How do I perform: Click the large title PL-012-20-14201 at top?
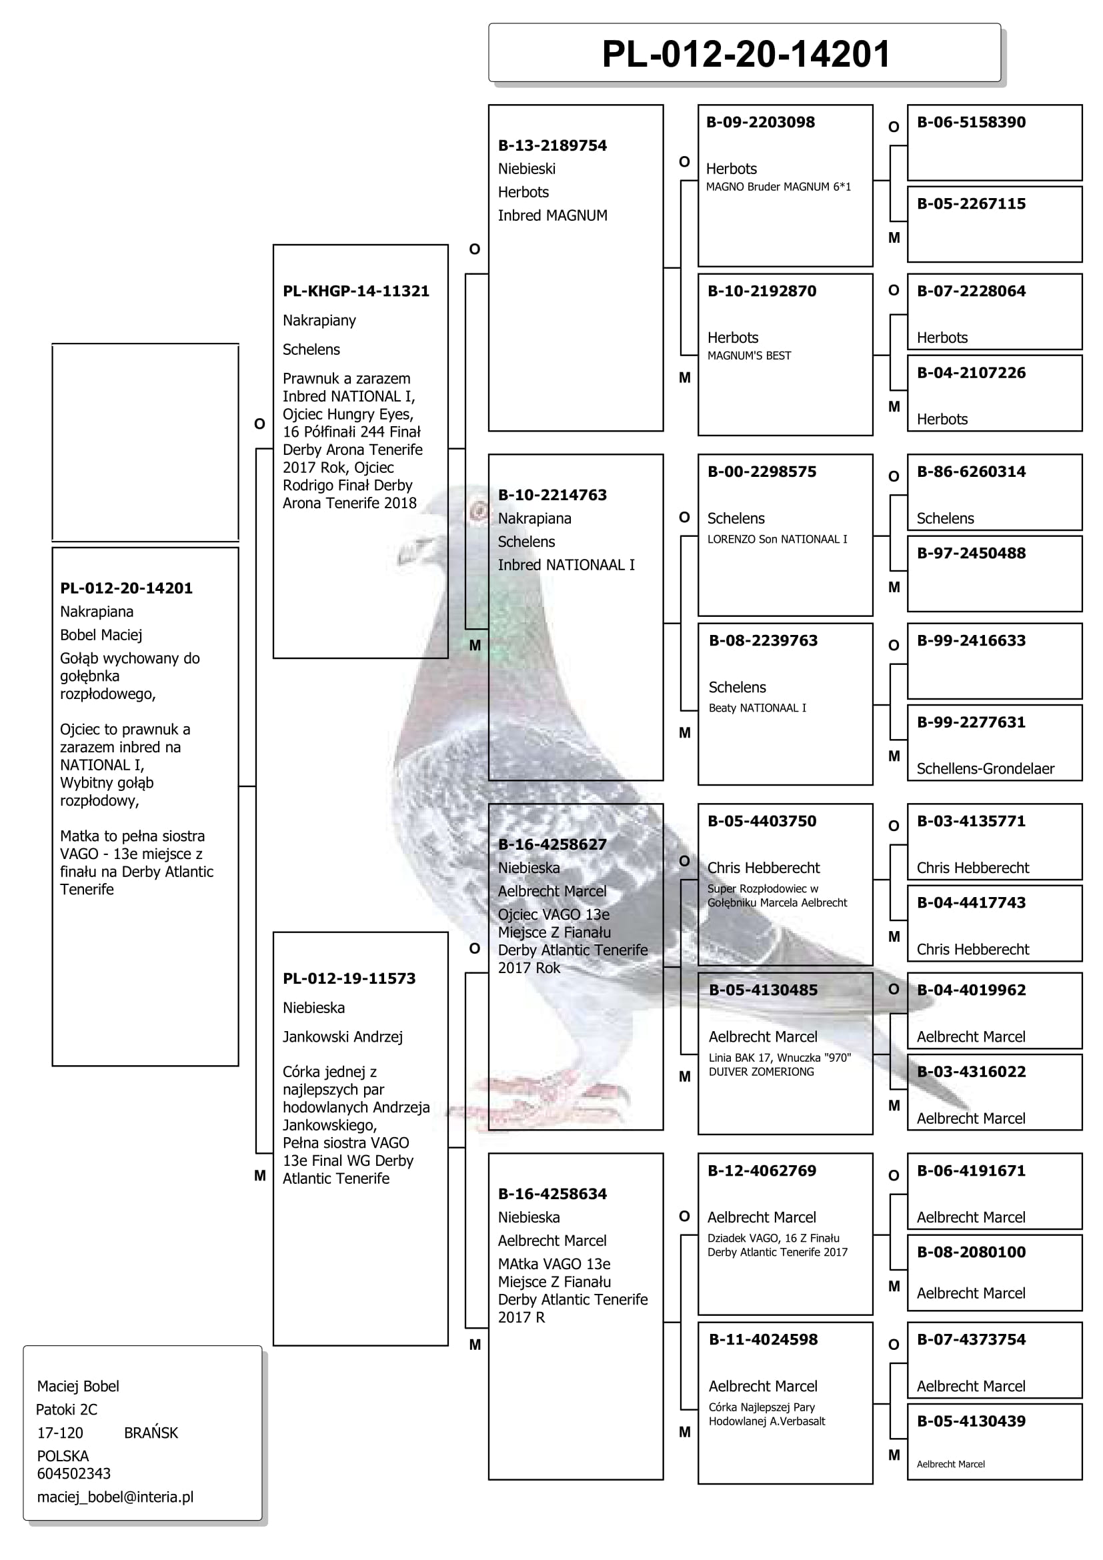(745, 54)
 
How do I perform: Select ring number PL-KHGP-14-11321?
(356, 291)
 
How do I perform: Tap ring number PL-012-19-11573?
(349, 978)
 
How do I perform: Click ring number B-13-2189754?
(552, 145)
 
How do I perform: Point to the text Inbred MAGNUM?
(552, 215)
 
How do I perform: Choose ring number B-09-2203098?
(760, 122)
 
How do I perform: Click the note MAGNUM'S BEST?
(748, 355)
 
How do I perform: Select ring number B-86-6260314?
(971, 472)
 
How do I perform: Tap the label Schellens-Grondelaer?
(985, 768)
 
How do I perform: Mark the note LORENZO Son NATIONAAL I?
(777, 539)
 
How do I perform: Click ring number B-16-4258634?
(552, 1194)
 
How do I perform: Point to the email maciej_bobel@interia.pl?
(115, 1497)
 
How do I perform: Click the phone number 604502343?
(73, 1473)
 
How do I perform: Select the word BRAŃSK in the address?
(151, 1433)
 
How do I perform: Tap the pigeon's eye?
(479, 510)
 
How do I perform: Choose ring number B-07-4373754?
(971, 1339)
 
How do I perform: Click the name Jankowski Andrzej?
(342, 1037)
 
